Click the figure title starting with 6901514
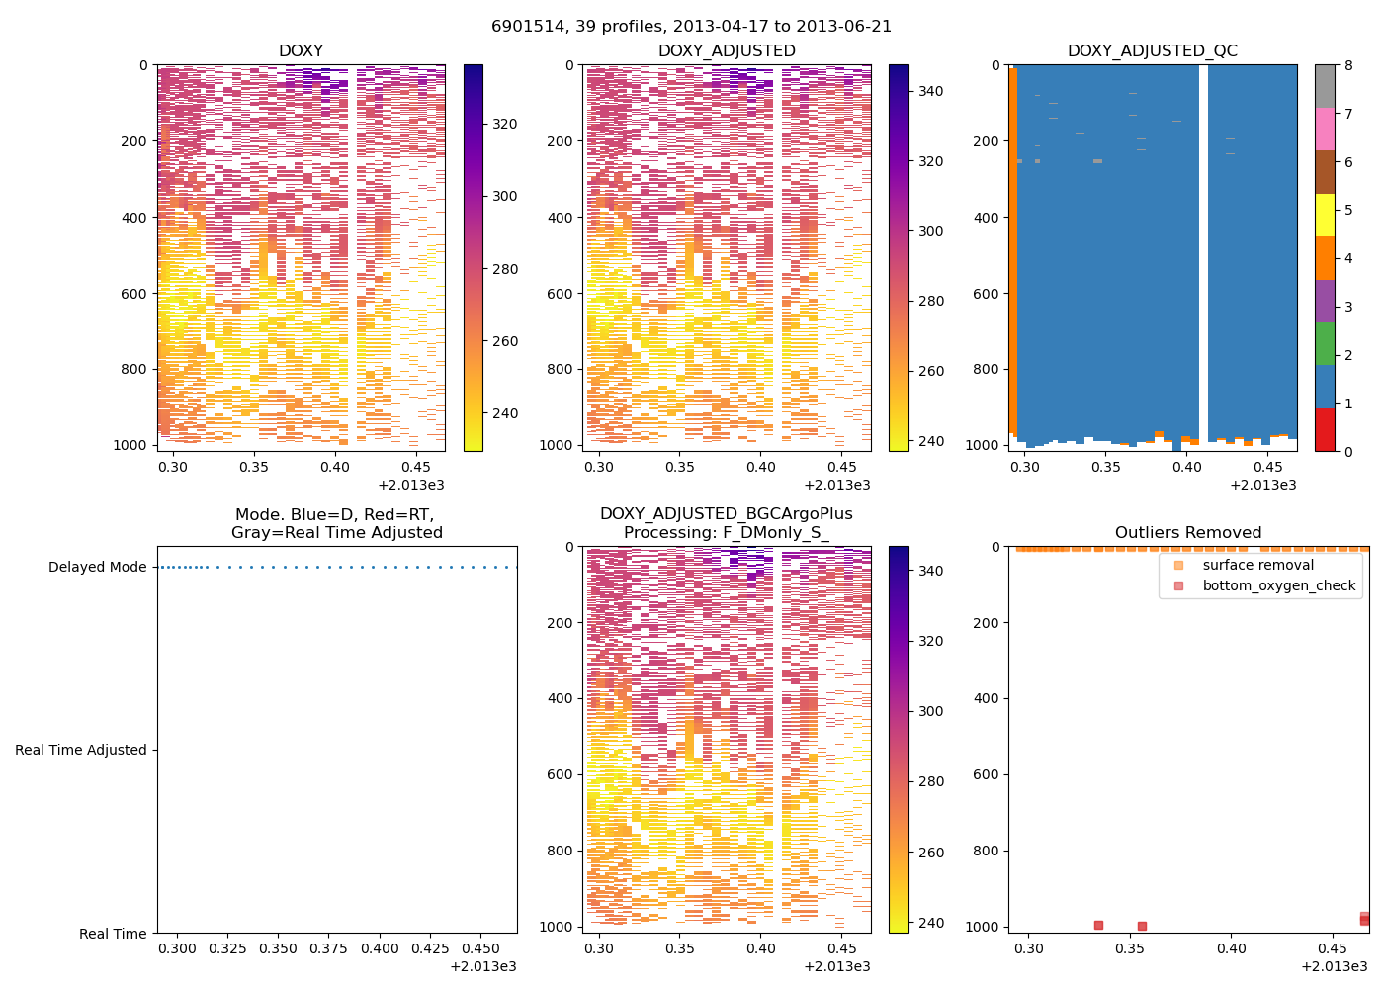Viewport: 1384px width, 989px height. coord(691,26)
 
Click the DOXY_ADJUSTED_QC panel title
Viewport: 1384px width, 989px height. coord(1152,51)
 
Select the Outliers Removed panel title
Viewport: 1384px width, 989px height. coord(1188,532)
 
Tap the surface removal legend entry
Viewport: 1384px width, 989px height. coord(1257,565)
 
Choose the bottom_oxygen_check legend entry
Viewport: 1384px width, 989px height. coord(1278,585)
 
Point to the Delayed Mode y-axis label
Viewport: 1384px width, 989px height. coord(97,567)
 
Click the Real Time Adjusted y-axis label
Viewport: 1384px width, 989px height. coord(81,750)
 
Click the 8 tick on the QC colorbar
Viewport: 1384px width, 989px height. coord(1348,65)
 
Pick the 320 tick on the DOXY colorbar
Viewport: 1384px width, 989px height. coord(504,124)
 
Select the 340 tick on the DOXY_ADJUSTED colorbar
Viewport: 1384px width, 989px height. coord(929,91)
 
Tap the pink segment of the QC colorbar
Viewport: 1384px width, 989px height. coord(1325,129)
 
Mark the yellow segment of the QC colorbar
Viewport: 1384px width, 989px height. coord(1325,215)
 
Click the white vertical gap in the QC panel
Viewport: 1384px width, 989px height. coord(1203,247)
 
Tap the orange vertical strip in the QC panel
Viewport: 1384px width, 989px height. coord(1013,247)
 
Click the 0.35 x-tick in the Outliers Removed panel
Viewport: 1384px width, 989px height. coord(1130,948)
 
